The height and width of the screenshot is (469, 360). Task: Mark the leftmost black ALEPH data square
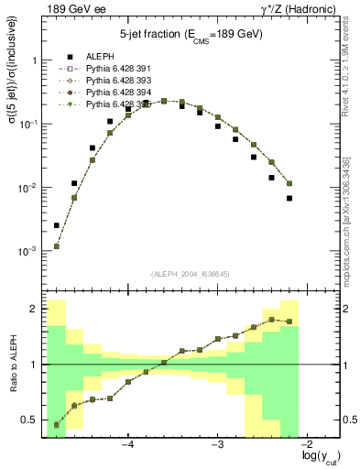(57, 225)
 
